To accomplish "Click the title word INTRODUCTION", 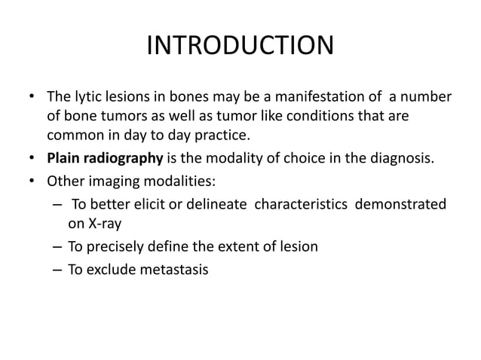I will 240,46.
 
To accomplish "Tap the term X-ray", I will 103,224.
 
